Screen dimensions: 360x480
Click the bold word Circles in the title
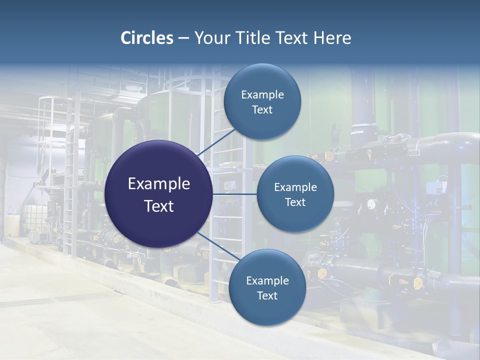click(x=147, y=38)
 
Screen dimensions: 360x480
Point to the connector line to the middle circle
click(x=235, y=194)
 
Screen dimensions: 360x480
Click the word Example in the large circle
click(x=159, y=184)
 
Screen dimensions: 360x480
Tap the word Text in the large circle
click(x=159, y=206)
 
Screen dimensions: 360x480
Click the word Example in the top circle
click(x=262, y=95)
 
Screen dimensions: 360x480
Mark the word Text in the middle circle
click(x=295, y=202)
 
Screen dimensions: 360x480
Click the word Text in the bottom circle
click(x=267, y=296)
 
